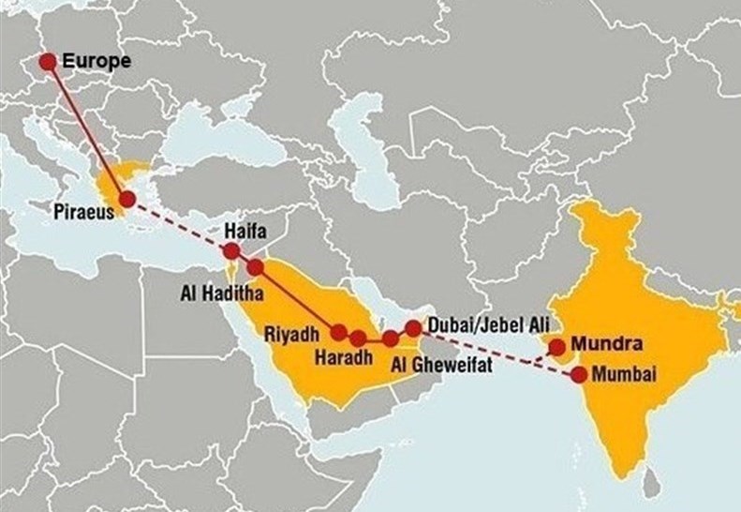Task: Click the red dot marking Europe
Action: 47,62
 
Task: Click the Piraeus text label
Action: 84,212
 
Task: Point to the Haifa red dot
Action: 230,250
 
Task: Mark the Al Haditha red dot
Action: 255,268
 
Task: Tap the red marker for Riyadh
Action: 340,331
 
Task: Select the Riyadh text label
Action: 293,334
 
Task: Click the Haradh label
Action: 343,358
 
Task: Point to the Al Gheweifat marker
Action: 390,339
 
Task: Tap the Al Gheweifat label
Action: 441,363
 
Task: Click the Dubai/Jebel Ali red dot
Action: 413,328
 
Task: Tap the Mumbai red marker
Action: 579,374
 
